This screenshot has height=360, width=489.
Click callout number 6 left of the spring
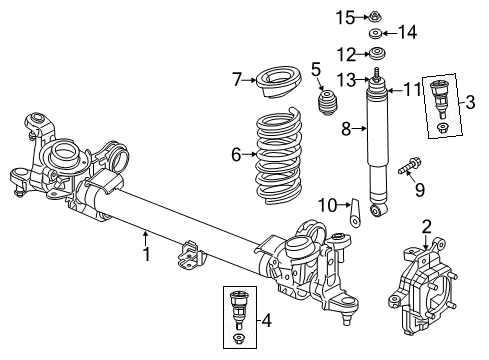(x=237, y=154)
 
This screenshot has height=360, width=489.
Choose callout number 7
(x=237, y=78)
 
